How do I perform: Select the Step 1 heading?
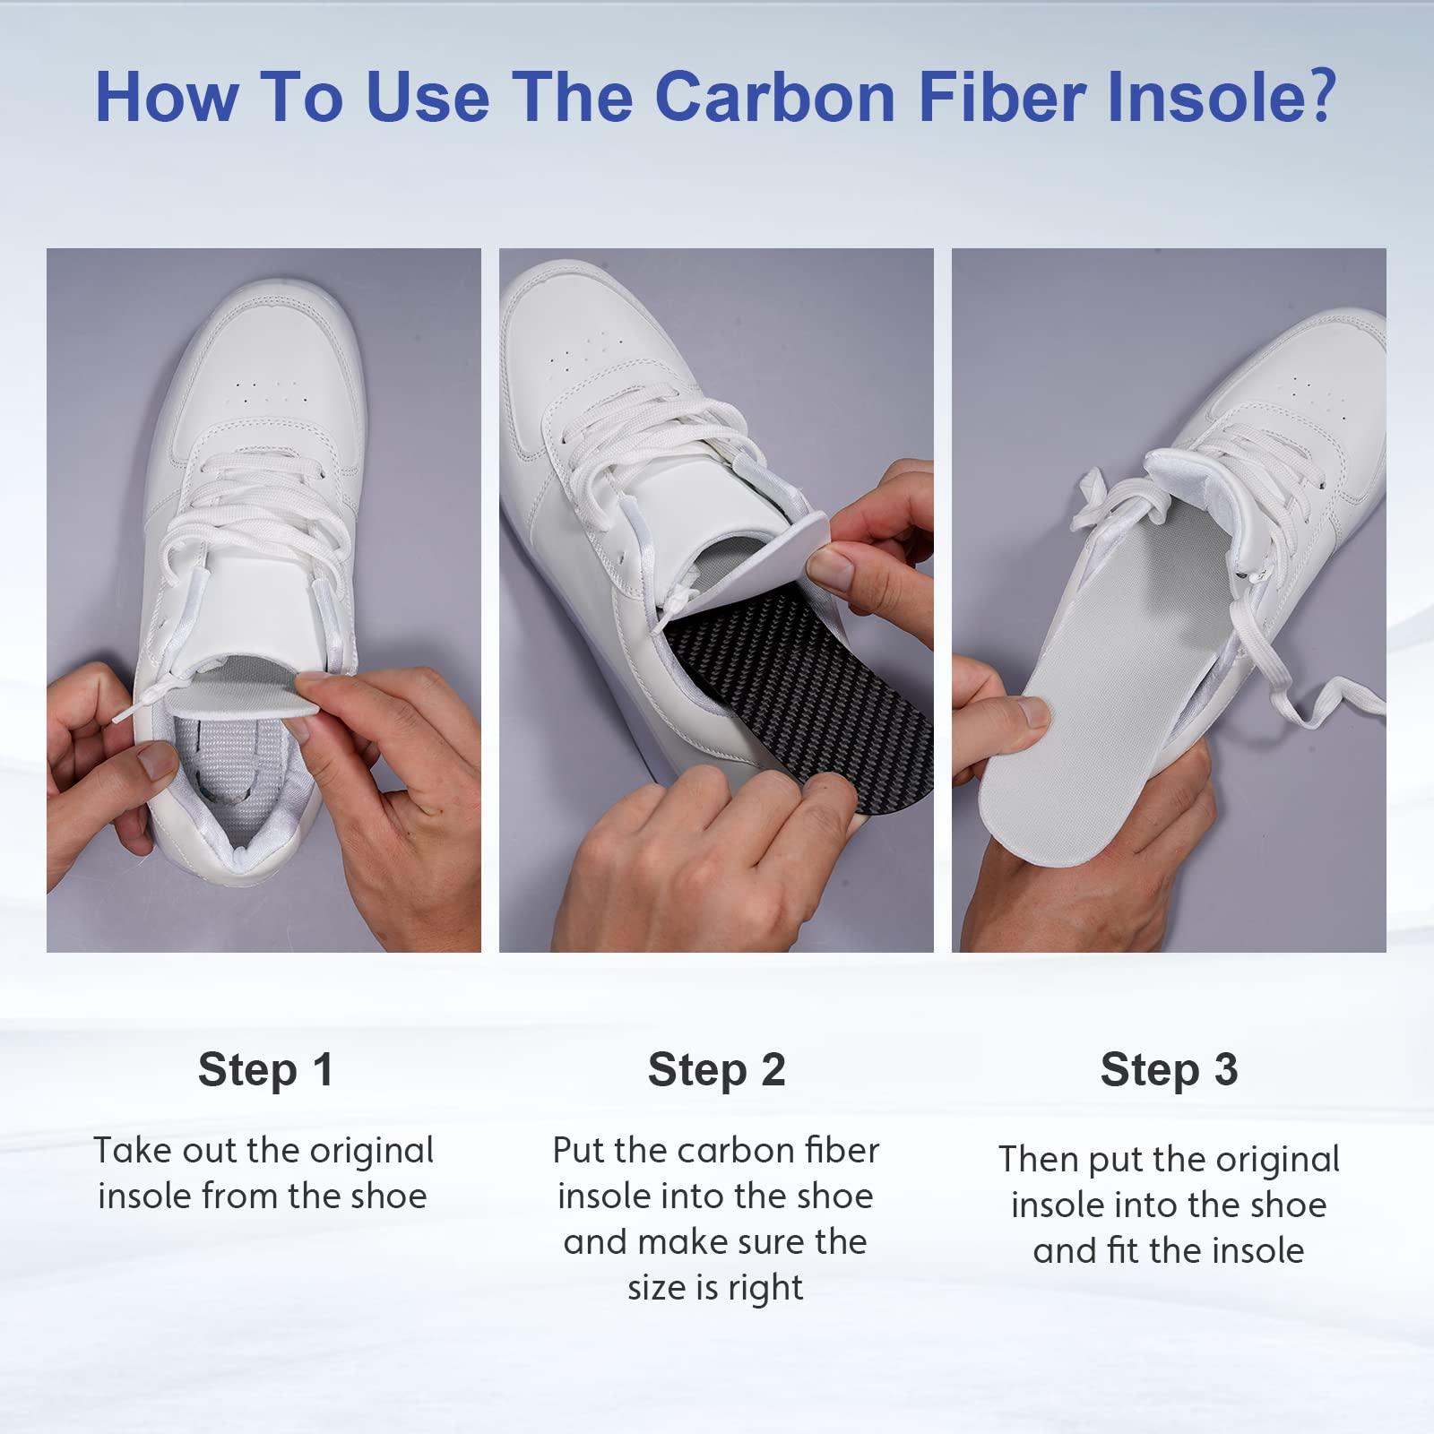tap(265, 1069)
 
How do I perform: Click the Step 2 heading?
tap(716, 1069)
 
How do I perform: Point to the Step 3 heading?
tap(1169, 1069)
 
